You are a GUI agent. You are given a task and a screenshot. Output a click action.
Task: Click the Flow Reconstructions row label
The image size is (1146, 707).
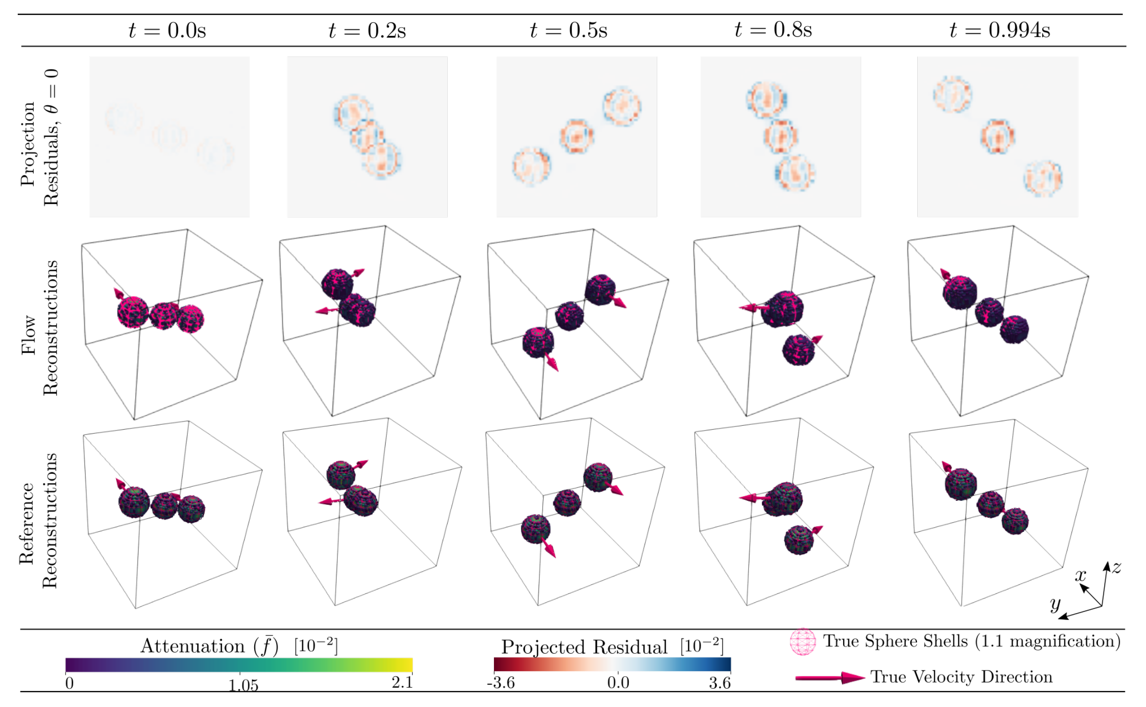[x=40, y=328]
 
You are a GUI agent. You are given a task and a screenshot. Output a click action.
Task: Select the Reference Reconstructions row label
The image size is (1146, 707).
[x=38, y=520]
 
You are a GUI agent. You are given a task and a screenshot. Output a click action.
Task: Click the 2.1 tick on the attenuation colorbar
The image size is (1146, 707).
[x=402, y=683]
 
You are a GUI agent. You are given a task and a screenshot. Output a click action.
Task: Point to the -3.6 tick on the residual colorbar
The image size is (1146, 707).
[x=501, y=683]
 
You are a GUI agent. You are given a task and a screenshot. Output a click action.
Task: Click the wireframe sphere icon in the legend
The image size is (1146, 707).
[x=802, y=642]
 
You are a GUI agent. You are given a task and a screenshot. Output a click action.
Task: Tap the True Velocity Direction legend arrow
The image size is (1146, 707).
[x=830, y=677]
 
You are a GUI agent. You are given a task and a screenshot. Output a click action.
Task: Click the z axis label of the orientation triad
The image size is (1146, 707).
[x=1116, y=568]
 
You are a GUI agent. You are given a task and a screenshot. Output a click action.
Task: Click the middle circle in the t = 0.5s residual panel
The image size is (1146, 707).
[x=577, y=136]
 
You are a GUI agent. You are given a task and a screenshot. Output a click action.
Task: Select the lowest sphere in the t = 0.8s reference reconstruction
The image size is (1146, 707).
[x=799, y=540]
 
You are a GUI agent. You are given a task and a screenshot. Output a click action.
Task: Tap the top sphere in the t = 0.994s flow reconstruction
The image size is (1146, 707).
[x=959, y=292]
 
